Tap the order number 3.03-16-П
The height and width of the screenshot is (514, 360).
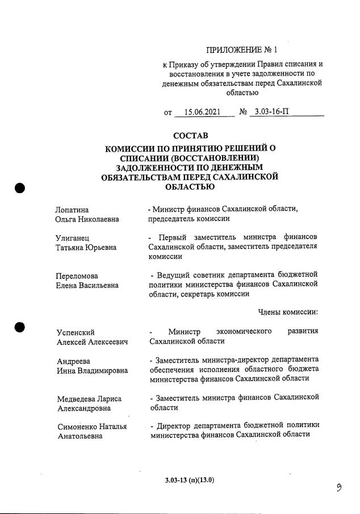coord(272,111)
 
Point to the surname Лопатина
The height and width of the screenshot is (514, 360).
coord(72,210)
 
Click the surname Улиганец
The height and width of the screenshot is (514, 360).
coord(72,237)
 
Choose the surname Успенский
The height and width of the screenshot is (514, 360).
coord(76,332)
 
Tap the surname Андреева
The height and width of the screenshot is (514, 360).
coord(74,361)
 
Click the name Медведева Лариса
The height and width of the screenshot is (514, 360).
coord(89,398)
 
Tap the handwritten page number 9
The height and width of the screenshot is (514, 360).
coord(339,488)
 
